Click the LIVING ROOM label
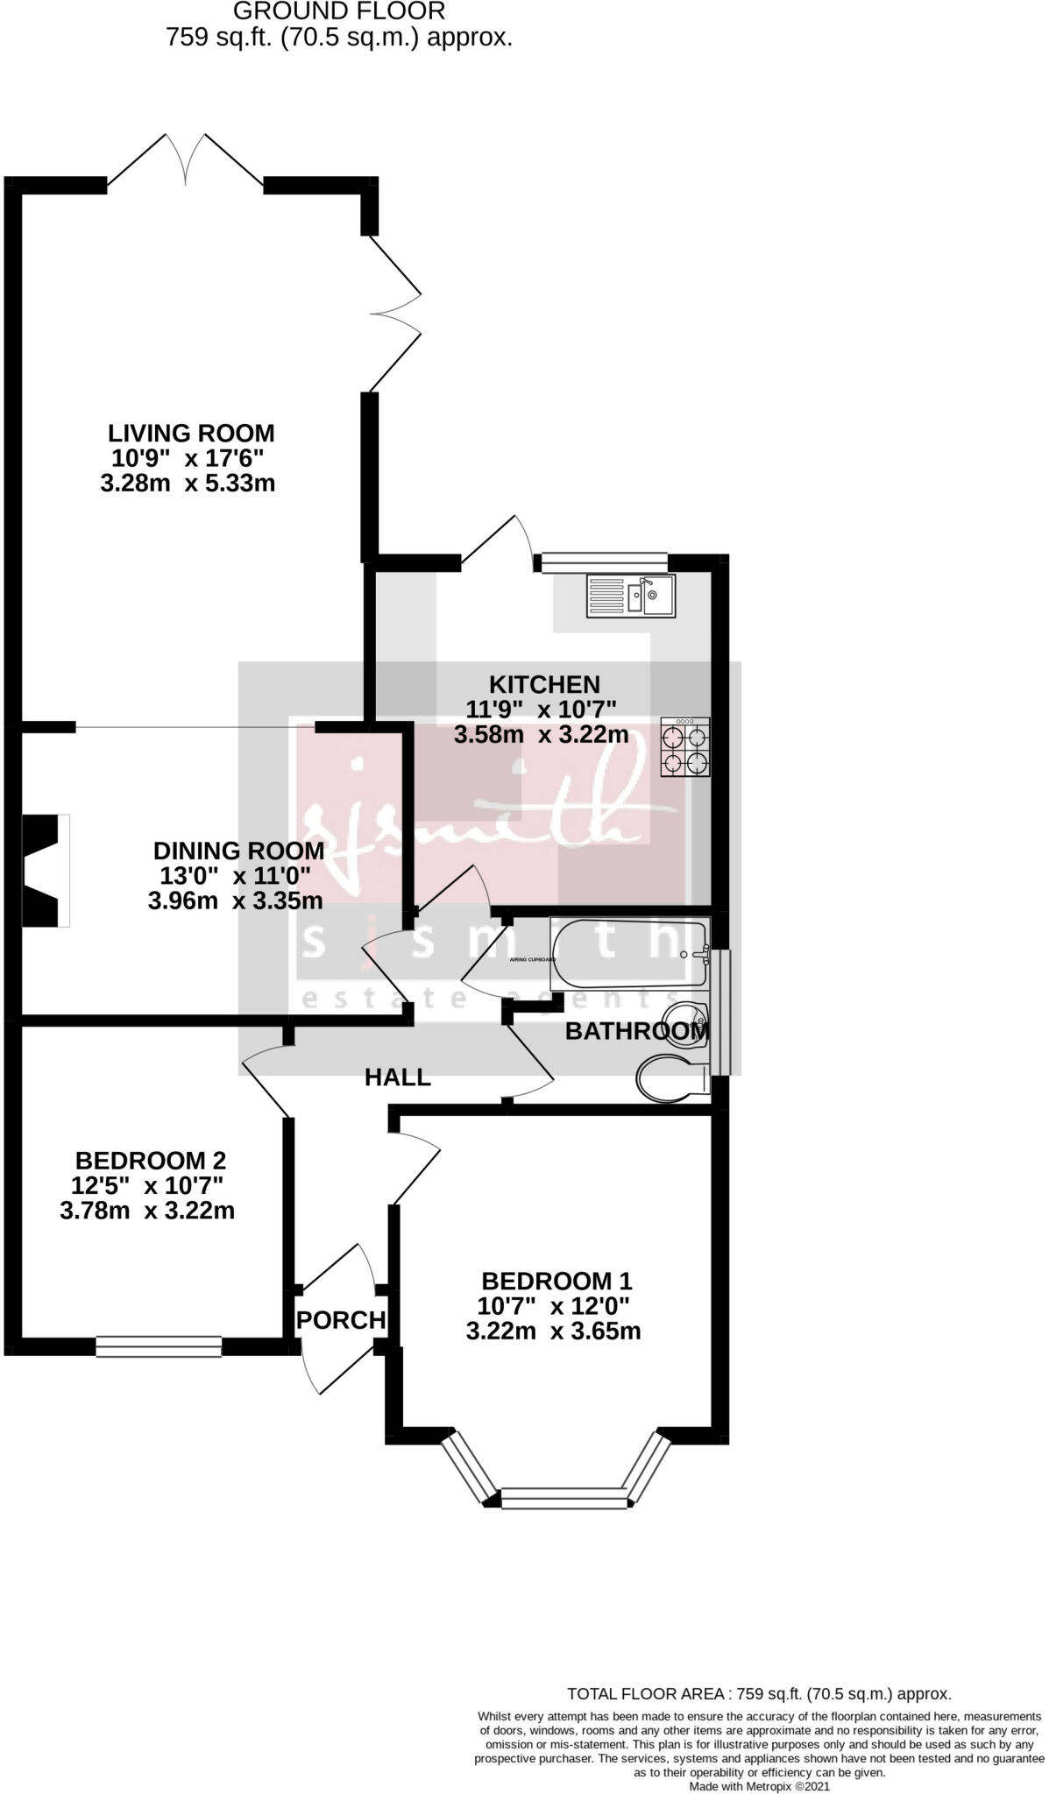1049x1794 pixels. pyautogui.click(x=191, y=433)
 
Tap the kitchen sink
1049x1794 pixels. pyautogui.click(x=631, y=596)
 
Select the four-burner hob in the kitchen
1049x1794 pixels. pyautogui.click(x=685, y=747)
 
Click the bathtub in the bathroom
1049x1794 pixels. pyautogui.click(x=629, y=953)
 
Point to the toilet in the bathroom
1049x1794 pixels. pyautogui.click(x=673, y=1077)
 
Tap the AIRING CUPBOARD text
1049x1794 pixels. pyautogui.click(x=532, y=960)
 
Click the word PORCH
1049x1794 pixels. pyautogui.click(x=341, y=1319)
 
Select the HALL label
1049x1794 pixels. pyautogui.click(x=398, y=1077)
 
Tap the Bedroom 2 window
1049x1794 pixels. pyautogui.click(x=159, y=1346)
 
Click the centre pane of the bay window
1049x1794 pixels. pyautogui.click(x=565, y=1500)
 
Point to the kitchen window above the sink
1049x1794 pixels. pyautogui.click(x=605, y=562)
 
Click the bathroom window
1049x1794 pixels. pyautogui.click(x=720, y=1012)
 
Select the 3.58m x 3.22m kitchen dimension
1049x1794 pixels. pyautogui.click(x=541, y=735)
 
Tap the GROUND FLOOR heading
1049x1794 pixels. pyautogui.click(x=339, y=11)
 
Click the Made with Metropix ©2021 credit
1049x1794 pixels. pyautogui.click(x=759, y=1786)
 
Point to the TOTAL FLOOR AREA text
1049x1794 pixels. pyautogui.click(x=759, y=1694)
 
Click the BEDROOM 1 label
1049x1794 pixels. pyautogui.click(x=556, y=1282)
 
